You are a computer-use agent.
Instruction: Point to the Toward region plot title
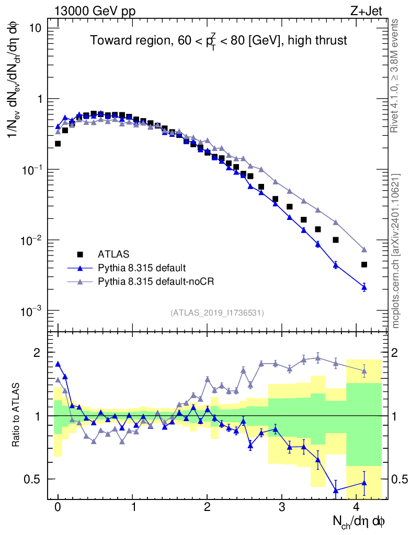click(218, 41)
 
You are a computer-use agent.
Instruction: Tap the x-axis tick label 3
click(282, 507)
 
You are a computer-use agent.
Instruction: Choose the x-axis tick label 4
click(357, 507)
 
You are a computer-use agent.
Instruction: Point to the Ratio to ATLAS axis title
click(16, 415)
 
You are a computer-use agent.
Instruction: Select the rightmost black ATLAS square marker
click(364, 264)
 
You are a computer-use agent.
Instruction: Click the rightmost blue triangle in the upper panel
click(364, 287)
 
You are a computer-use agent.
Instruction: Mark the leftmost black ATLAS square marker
click(58, 143)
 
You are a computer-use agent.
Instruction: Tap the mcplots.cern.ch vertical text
click(396, 250)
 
